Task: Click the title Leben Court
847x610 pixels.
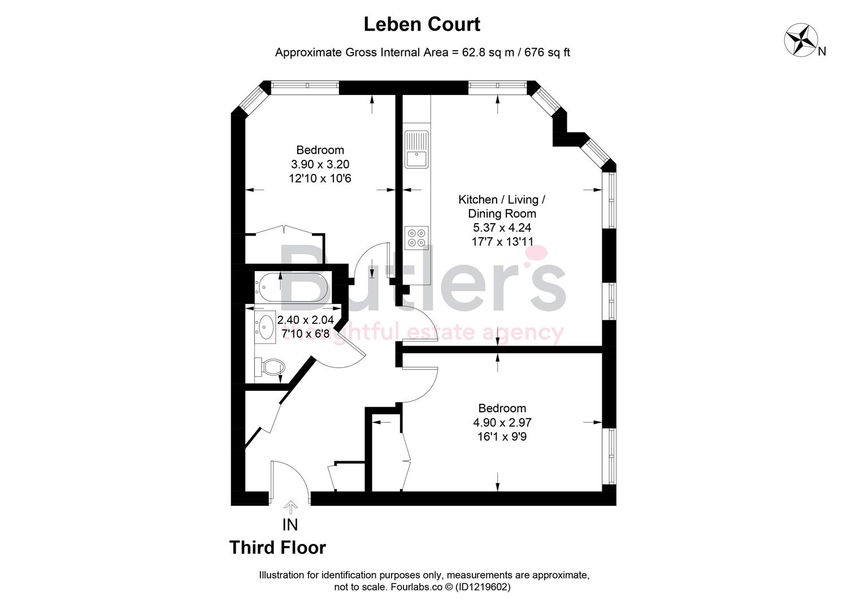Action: pyautogui.click(x=422, y=24)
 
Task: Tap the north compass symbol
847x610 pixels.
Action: pyautogui.click(x=801, y=40)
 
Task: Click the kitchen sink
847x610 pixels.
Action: pyautogui.click(x=416, y=150)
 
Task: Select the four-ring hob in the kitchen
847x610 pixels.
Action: pyautogui.click(x=416, y=237)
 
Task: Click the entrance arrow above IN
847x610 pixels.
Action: pyautogui.click(x=290, y=507)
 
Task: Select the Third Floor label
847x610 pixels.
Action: pyautogui.click(x=277, y=548)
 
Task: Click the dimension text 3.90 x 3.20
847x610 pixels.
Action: pyautogui.click(x=320, y=164)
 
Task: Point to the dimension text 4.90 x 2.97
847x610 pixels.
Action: pyautogui.click(x=502, y=422)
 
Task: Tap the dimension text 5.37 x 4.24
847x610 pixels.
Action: pyautogui.click(x=502, y=228)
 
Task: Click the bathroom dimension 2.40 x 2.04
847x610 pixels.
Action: pyautogui.click(x=305, y=320)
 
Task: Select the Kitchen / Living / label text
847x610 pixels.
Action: pyautogui.click(x=502, y=199)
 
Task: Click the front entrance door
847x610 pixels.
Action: pyautogui.click(x=289, y=480)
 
